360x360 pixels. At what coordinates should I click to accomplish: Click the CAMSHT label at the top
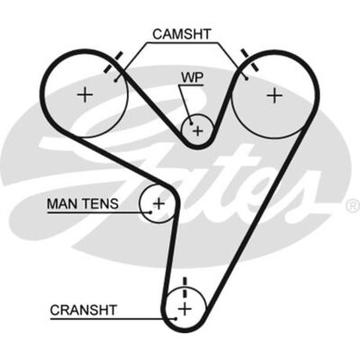[x=182, y=34]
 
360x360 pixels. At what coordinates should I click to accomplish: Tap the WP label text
[x=192, y=77]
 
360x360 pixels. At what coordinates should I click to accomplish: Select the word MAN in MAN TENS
[x=62, y=204]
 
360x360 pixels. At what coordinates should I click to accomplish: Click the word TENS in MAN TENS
[x=100, y=204]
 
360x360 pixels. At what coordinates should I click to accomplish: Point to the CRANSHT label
[x=83, y=310]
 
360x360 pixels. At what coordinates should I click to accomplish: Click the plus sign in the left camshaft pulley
[x=85, y=95]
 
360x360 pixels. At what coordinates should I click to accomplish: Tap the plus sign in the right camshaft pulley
[x=274, y=96]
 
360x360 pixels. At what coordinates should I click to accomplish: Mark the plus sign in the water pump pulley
[x=198, y=130]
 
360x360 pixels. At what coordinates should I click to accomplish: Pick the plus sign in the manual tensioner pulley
[x=158, y=204]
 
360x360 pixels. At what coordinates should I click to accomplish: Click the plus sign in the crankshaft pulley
[x=184, y=309]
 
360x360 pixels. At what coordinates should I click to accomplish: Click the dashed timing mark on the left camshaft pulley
[x=112, y=62]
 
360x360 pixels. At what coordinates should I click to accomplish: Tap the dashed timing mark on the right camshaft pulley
[x=249, y=60]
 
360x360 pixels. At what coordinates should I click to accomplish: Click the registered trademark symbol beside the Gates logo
[x=353, y=206]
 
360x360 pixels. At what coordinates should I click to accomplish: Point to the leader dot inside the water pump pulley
[x=191, y=122]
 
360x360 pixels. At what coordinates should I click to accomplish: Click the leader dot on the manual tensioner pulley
[x=150, y=212]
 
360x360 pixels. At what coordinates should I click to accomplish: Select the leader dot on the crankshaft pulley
[x=175, y=319]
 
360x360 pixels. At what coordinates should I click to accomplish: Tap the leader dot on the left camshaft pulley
[x=116, y=80]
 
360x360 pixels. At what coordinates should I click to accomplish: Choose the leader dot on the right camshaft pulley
[x=247, y=78]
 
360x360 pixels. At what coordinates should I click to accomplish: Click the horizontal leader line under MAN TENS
[x=99, y=212]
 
